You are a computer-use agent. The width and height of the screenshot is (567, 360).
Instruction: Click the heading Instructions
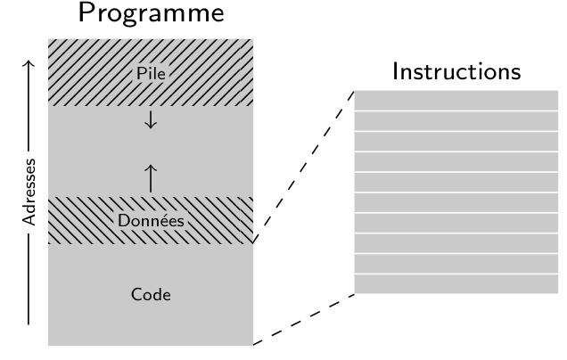[456, 71]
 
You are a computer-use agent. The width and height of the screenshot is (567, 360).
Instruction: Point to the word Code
[150, 293]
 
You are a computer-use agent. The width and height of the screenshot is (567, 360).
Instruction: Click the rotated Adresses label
[29, 190]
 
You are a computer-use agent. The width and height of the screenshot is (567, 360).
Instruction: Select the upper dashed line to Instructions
[304, 166]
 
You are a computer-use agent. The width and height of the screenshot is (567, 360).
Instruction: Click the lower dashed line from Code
[304, 319]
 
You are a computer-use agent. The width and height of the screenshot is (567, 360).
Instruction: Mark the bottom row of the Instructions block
[456, 284]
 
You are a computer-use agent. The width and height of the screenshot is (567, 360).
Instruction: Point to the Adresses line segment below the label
[29, 285]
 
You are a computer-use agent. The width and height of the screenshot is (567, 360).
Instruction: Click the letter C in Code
[135, 293]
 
